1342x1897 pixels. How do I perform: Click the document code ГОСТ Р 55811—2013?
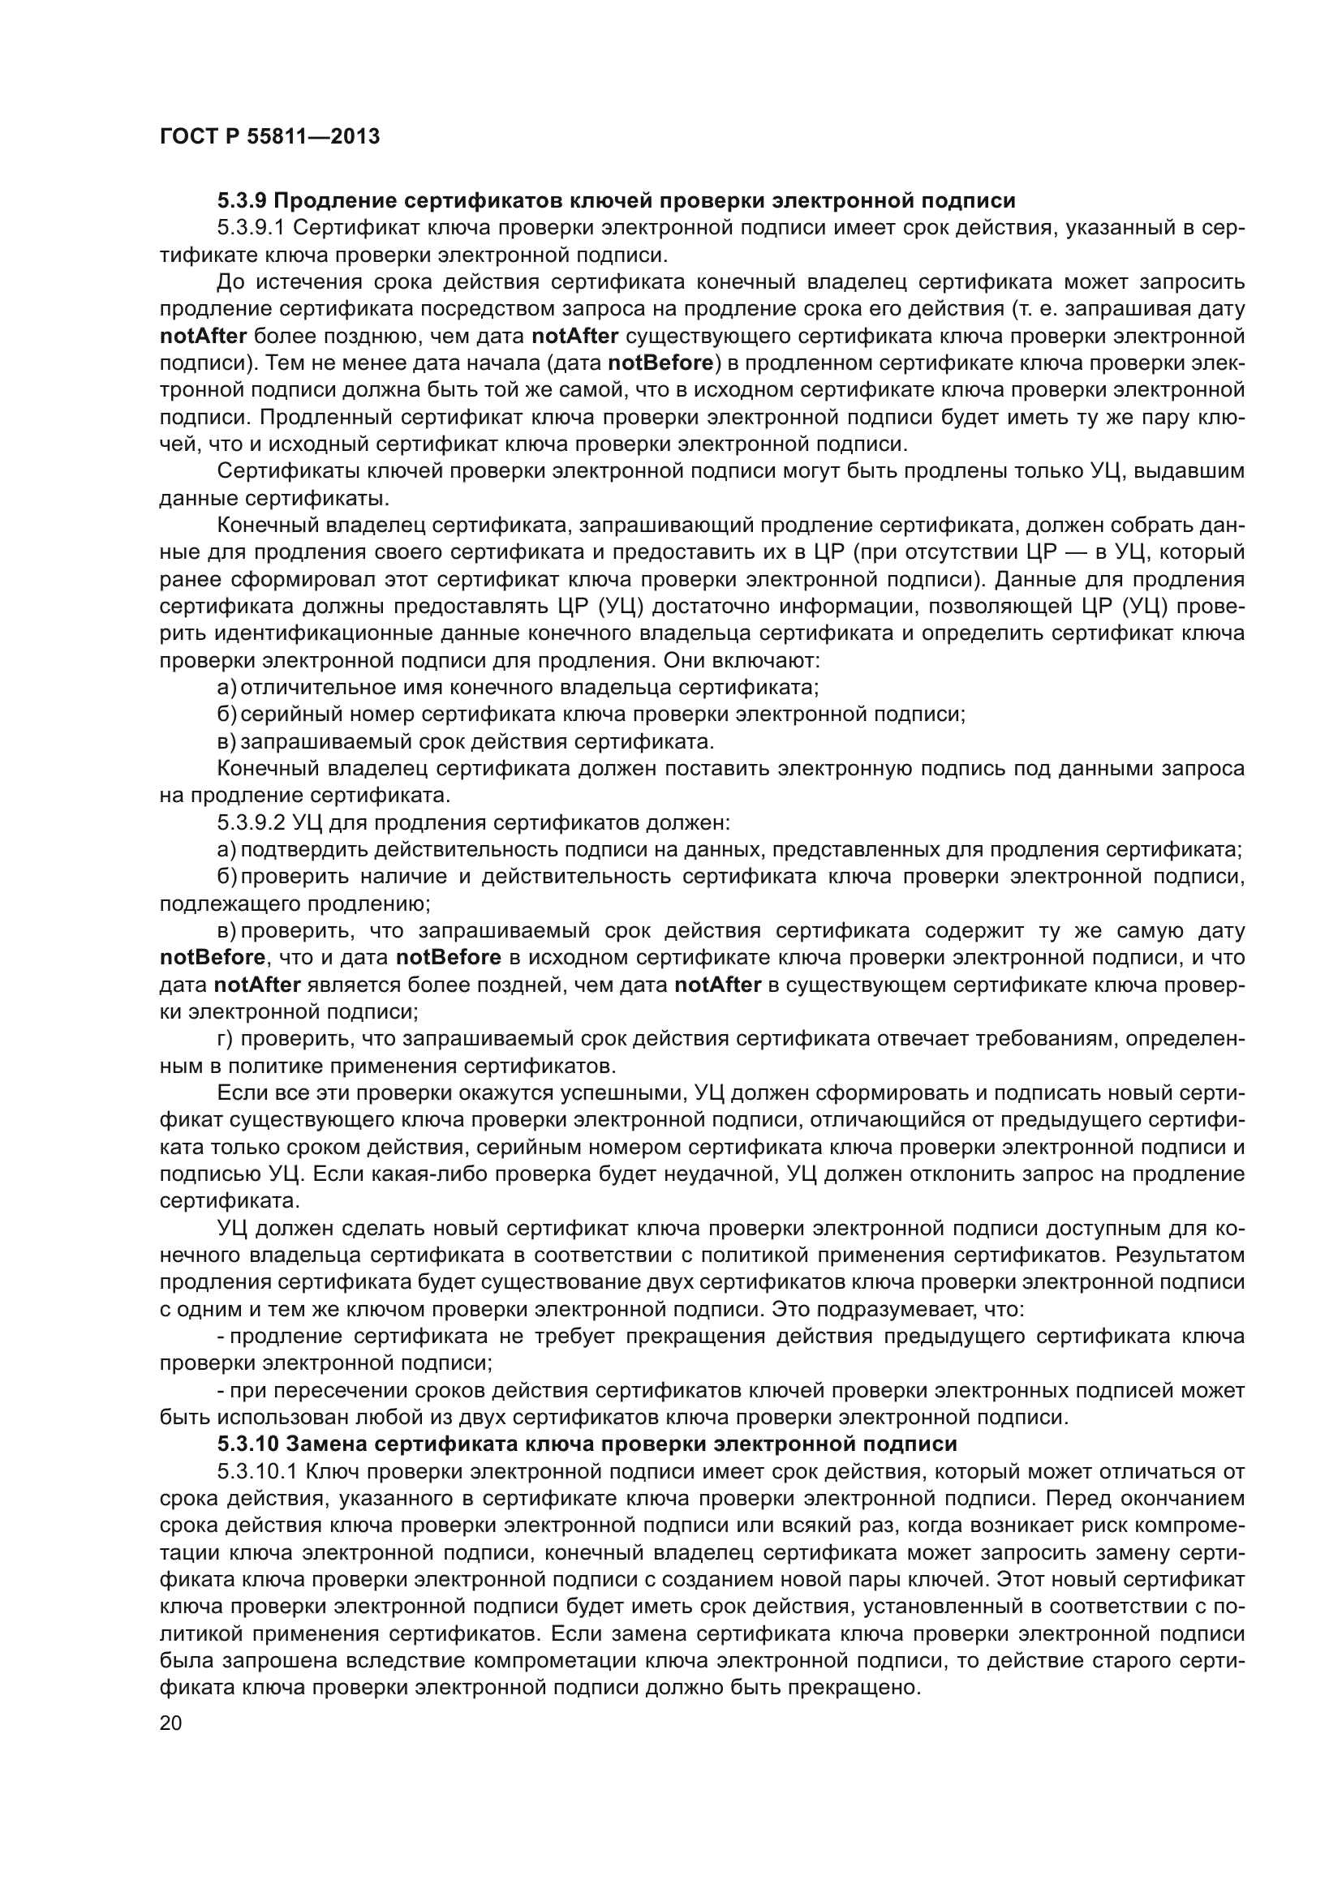(269, 137)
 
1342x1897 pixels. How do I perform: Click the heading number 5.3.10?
(247, 1444)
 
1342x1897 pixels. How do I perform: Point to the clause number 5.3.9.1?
(251, 228)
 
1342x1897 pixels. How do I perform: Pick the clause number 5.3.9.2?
(251, 823)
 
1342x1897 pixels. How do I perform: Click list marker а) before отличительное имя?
(226, 688)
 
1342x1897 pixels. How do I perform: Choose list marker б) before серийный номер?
(226, 715)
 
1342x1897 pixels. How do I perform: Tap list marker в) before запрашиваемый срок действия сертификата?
(226, 741)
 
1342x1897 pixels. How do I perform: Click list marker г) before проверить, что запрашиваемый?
(224, 1039)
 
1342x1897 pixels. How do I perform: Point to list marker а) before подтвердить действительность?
(226, 849)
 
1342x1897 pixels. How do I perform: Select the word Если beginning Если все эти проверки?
(237, 1093)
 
